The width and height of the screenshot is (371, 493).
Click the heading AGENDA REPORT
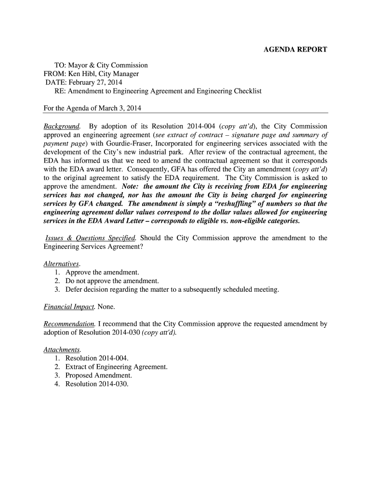tap(295, 50)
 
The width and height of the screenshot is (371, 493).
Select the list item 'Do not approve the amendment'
tap(112, 281)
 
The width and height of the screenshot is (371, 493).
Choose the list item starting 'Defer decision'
tap(172, 289)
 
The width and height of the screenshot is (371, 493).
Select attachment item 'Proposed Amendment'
tap(98, 375)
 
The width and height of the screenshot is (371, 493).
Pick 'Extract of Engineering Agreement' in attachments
tap(116, 367)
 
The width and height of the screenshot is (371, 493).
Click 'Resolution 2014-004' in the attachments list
tap(96, 358)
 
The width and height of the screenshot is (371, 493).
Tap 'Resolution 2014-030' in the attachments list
tap(96, 384)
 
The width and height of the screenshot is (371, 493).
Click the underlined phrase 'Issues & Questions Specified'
tap(91, 238)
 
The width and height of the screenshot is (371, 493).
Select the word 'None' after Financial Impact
tap(106, 307)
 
